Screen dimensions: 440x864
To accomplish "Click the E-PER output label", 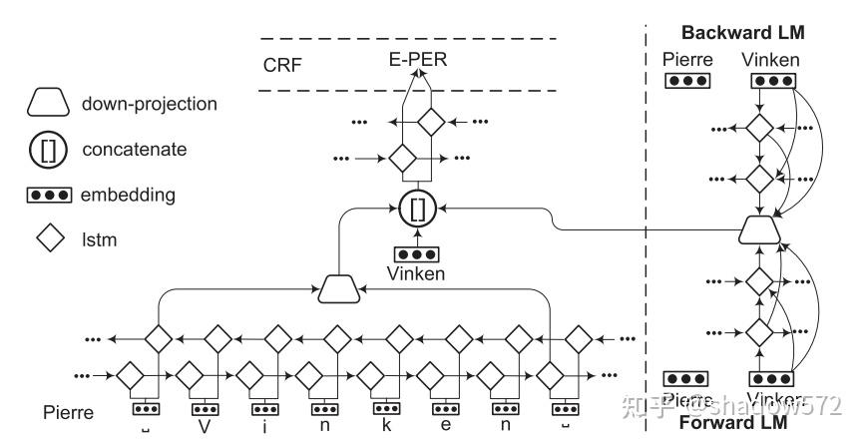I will click(x=419, y=60).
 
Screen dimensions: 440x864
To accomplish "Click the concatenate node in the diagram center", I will click(x=416, y=210).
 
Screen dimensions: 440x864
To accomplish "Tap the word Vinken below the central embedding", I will click(x=417, y=274).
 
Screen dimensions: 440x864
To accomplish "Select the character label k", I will click(x=384, y=425).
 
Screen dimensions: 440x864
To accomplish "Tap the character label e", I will click(x=444, y=426).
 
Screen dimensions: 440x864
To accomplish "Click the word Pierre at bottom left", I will click(x=69, y=412).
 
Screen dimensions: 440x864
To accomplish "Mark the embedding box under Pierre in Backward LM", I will click(x=687, y=82).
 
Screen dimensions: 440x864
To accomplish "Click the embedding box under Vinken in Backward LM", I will click(x=771, y=82).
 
